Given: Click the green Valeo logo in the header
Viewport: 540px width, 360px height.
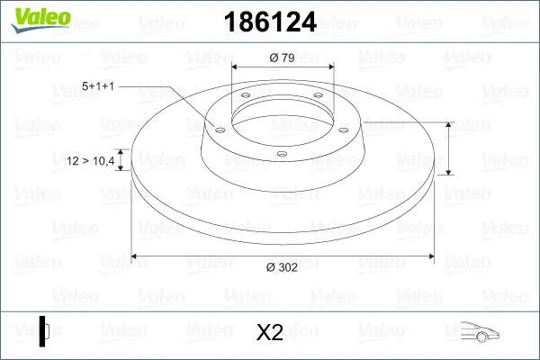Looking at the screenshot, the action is pyautogui.click(x=40, y=20).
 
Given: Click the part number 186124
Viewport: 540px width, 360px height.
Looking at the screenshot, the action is pyautogui.click(x=270, y=22).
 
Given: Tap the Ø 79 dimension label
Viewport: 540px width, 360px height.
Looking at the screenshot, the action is pyautogui.click(x=282, y=58).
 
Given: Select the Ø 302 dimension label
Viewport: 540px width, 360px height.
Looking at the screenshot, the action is pyautogui.click(x=282, y=267).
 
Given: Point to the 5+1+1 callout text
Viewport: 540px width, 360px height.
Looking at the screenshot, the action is pyautogui.click(x=98, y=86).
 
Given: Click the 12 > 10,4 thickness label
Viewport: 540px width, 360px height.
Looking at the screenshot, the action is pyautogui.click(x=90, y=161).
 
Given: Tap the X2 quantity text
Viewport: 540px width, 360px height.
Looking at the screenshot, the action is pyautogui.click(x=270, y=332).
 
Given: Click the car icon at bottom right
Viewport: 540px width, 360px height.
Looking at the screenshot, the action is pyautogui.click(x=480, y=332).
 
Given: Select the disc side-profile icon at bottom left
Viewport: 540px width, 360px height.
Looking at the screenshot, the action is pyautogui.click(x=44, y=331).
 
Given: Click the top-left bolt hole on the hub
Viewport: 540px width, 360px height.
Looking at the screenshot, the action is pyautogui.click(x=246, y=95).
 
